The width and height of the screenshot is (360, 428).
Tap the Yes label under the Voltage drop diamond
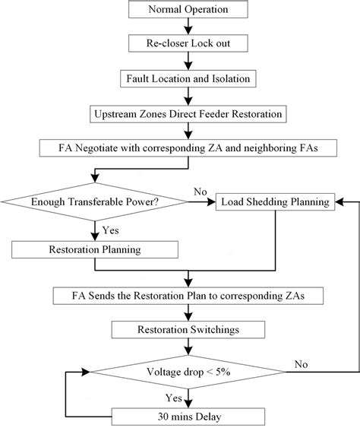174,397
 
